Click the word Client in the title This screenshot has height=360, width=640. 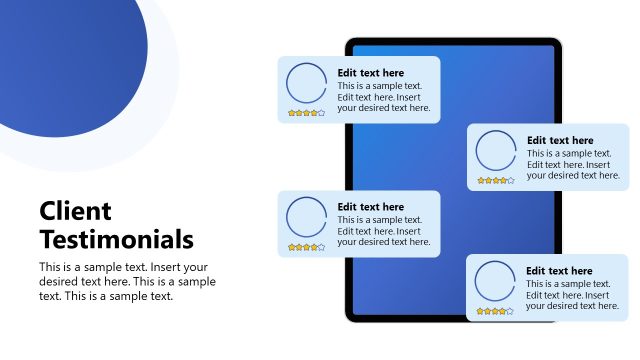point(75,211)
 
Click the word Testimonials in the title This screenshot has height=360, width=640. point(116,239)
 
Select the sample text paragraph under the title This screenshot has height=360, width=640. point(127,281)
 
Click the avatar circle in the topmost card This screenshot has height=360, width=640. point(305,83)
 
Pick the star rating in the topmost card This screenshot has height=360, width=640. point(306,113)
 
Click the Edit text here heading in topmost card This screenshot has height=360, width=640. point(371,72)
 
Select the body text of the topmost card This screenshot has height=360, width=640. point(384,96)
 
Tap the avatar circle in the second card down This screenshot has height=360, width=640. point(495,151)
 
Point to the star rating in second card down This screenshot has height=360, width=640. point(496,181)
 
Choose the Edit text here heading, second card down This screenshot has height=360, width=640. point(560,140)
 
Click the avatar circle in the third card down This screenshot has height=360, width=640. point(305,217)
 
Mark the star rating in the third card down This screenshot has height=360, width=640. point(306,247)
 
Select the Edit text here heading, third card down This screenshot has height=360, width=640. point(371,207)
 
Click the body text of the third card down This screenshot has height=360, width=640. point(384,231)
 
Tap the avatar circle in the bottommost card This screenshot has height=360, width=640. point(494,281)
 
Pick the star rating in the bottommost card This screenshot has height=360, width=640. point(495,311)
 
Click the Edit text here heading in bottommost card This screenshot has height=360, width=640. point(559,271)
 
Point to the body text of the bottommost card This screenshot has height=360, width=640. point(573,295)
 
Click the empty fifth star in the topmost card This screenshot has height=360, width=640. point(321,113)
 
